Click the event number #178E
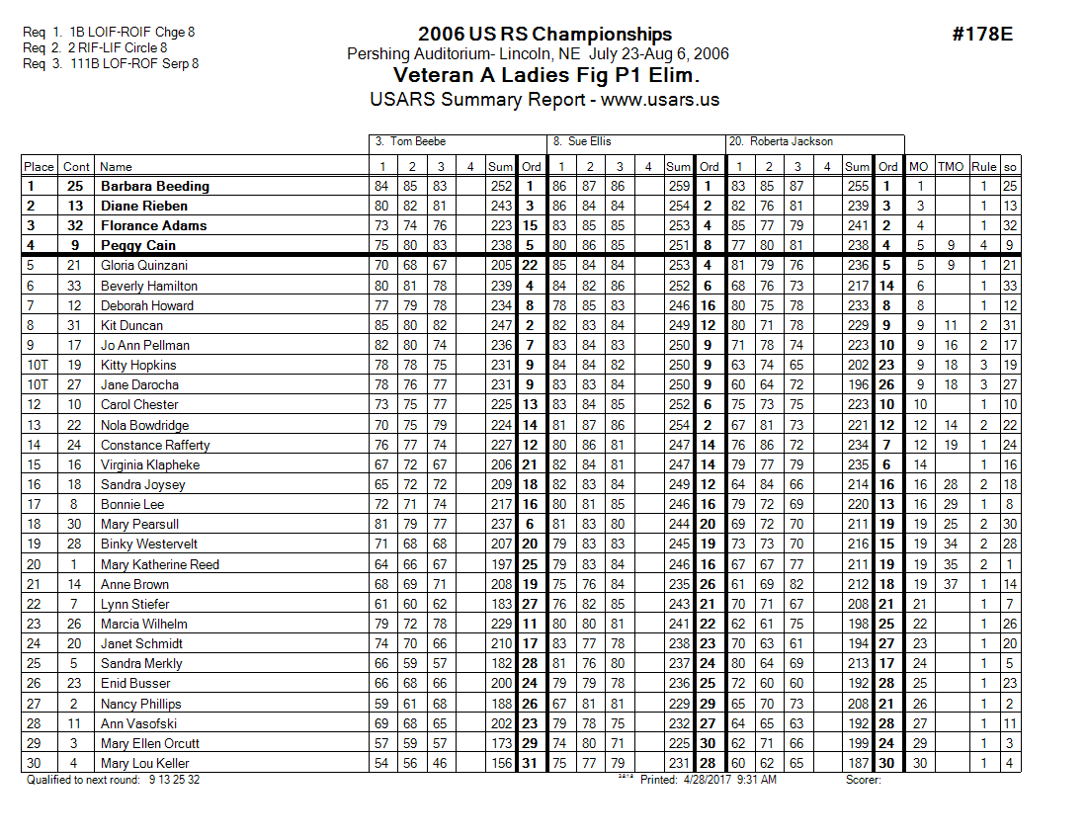(982, 35)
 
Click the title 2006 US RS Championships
(544, 35)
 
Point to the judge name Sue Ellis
(590, 141)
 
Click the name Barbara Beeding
(154, 186)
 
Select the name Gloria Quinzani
(144, 265)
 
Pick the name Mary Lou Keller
(145, 763)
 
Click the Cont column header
(75, 166)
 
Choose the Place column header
(39, 166)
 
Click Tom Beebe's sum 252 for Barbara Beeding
(501, 186)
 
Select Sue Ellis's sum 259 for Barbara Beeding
(679, 186)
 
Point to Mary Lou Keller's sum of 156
(501, 763)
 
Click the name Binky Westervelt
(148, 545)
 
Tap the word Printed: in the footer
(660, 780)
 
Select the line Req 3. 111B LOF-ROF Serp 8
(111, 63)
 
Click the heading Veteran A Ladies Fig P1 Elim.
(545, 76)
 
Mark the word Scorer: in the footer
(863, 780)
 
